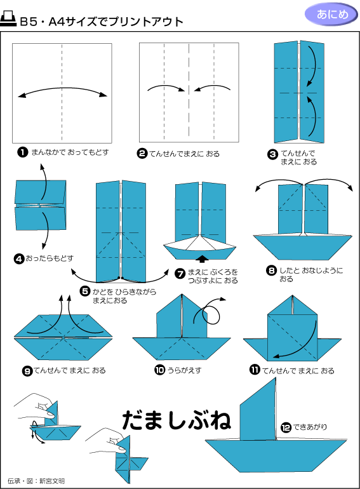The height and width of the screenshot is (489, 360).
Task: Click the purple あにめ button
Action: point(331,15)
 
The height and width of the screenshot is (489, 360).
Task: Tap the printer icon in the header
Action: point(8,19)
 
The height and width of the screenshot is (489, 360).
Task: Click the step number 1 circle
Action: point(22,152)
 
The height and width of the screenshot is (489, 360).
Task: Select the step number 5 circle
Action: point(85,291)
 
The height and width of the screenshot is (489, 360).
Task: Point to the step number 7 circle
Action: point(180,274)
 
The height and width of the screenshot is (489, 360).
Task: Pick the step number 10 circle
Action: point(159,370)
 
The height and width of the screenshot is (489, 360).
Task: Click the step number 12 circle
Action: point(286,427)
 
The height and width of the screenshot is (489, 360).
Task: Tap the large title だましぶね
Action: point(177,420)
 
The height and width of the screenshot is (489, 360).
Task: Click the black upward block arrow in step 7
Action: point(203,258)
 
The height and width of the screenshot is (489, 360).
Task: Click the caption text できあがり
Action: point(310,427)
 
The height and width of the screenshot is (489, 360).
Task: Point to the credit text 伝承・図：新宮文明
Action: point(36,481)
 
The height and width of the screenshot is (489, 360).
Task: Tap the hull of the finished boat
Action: point(276,455)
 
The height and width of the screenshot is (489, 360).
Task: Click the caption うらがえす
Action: point(185,370)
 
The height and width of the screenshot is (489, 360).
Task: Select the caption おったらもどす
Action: point(50,258)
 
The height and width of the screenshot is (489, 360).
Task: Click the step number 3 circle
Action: point(272,154)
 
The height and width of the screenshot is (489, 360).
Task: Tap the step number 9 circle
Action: point(27,371)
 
